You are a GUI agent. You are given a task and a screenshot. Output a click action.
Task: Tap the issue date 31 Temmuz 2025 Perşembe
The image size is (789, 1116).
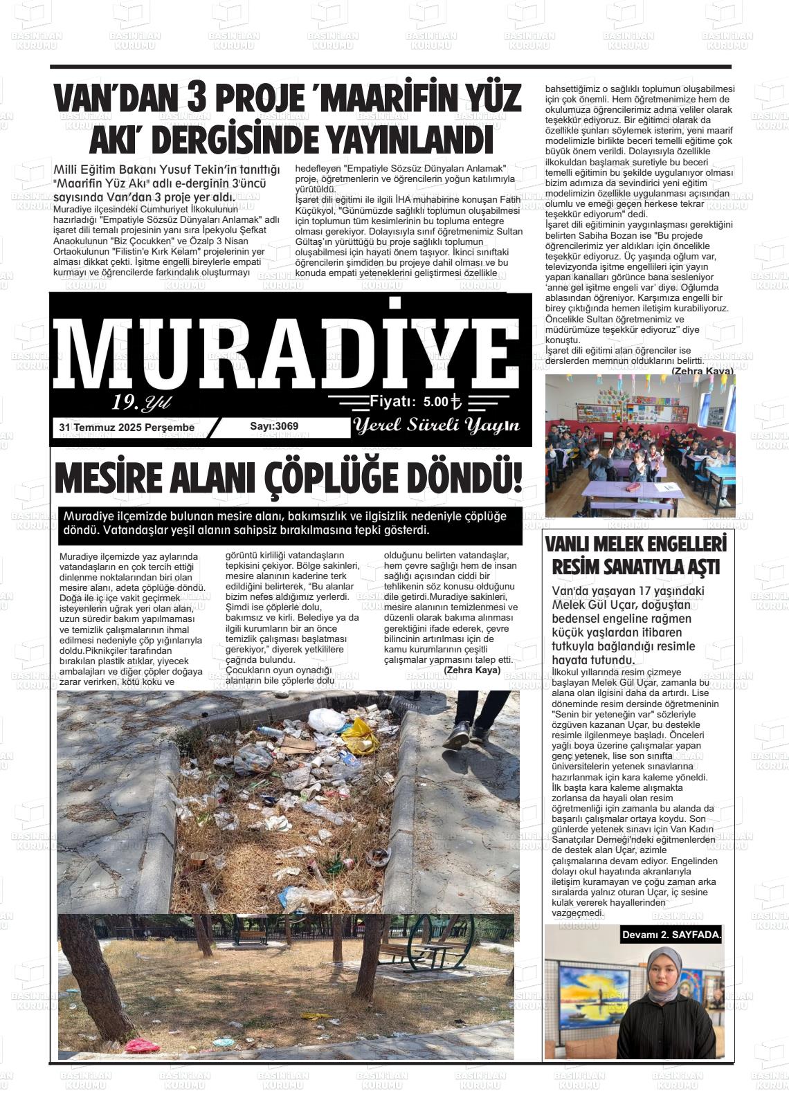click(127, 428)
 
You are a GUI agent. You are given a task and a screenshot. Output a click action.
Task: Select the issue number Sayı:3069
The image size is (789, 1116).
click(274, 426)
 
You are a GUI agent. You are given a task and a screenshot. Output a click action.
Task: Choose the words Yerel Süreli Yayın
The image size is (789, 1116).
click(436, 426)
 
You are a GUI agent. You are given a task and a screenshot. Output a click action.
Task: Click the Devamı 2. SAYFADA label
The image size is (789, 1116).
click(671, 935)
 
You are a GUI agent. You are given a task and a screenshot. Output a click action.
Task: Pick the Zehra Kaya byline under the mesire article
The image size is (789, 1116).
click(471, 670)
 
